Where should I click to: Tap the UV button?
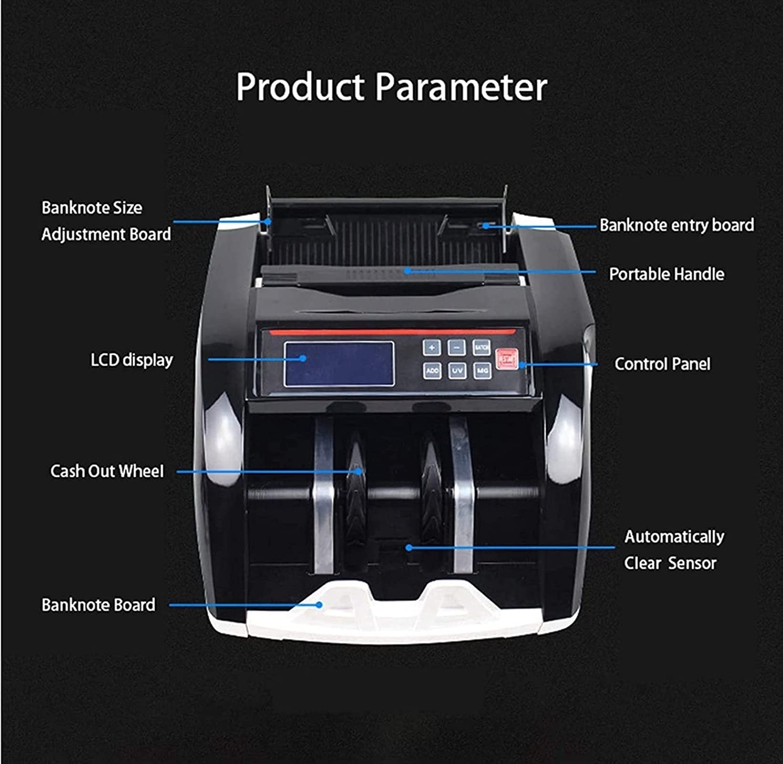(x=457, y=370)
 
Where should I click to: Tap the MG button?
(x=482, y=370)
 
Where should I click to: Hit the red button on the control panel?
(x=507, y=359)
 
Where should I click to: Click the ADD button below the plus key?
(x=432, y=370)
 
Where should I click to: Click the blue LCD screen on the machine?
(x=339, y=364)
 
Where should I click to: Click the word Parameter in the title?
(x=461, y=87)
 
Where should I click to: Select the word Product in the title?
(x=300, y=87)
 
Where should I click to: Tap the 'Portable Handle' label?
(x=666, y=274)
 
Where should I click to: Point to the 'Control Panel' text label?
(x=662, y=364)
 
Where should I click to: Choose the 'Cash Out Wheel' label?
(x=107, y=471)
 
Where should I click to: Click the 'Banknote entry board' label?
(x=677, y=225)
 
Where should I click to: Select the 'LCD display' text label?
(x=132, y=360)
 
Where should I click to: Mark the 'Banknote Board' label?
(x=98, y=605)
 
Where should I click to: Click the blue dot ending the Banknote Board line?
(x=319, y=605)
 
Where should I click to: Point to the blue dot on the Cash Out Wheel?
(x=359, y=471)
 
